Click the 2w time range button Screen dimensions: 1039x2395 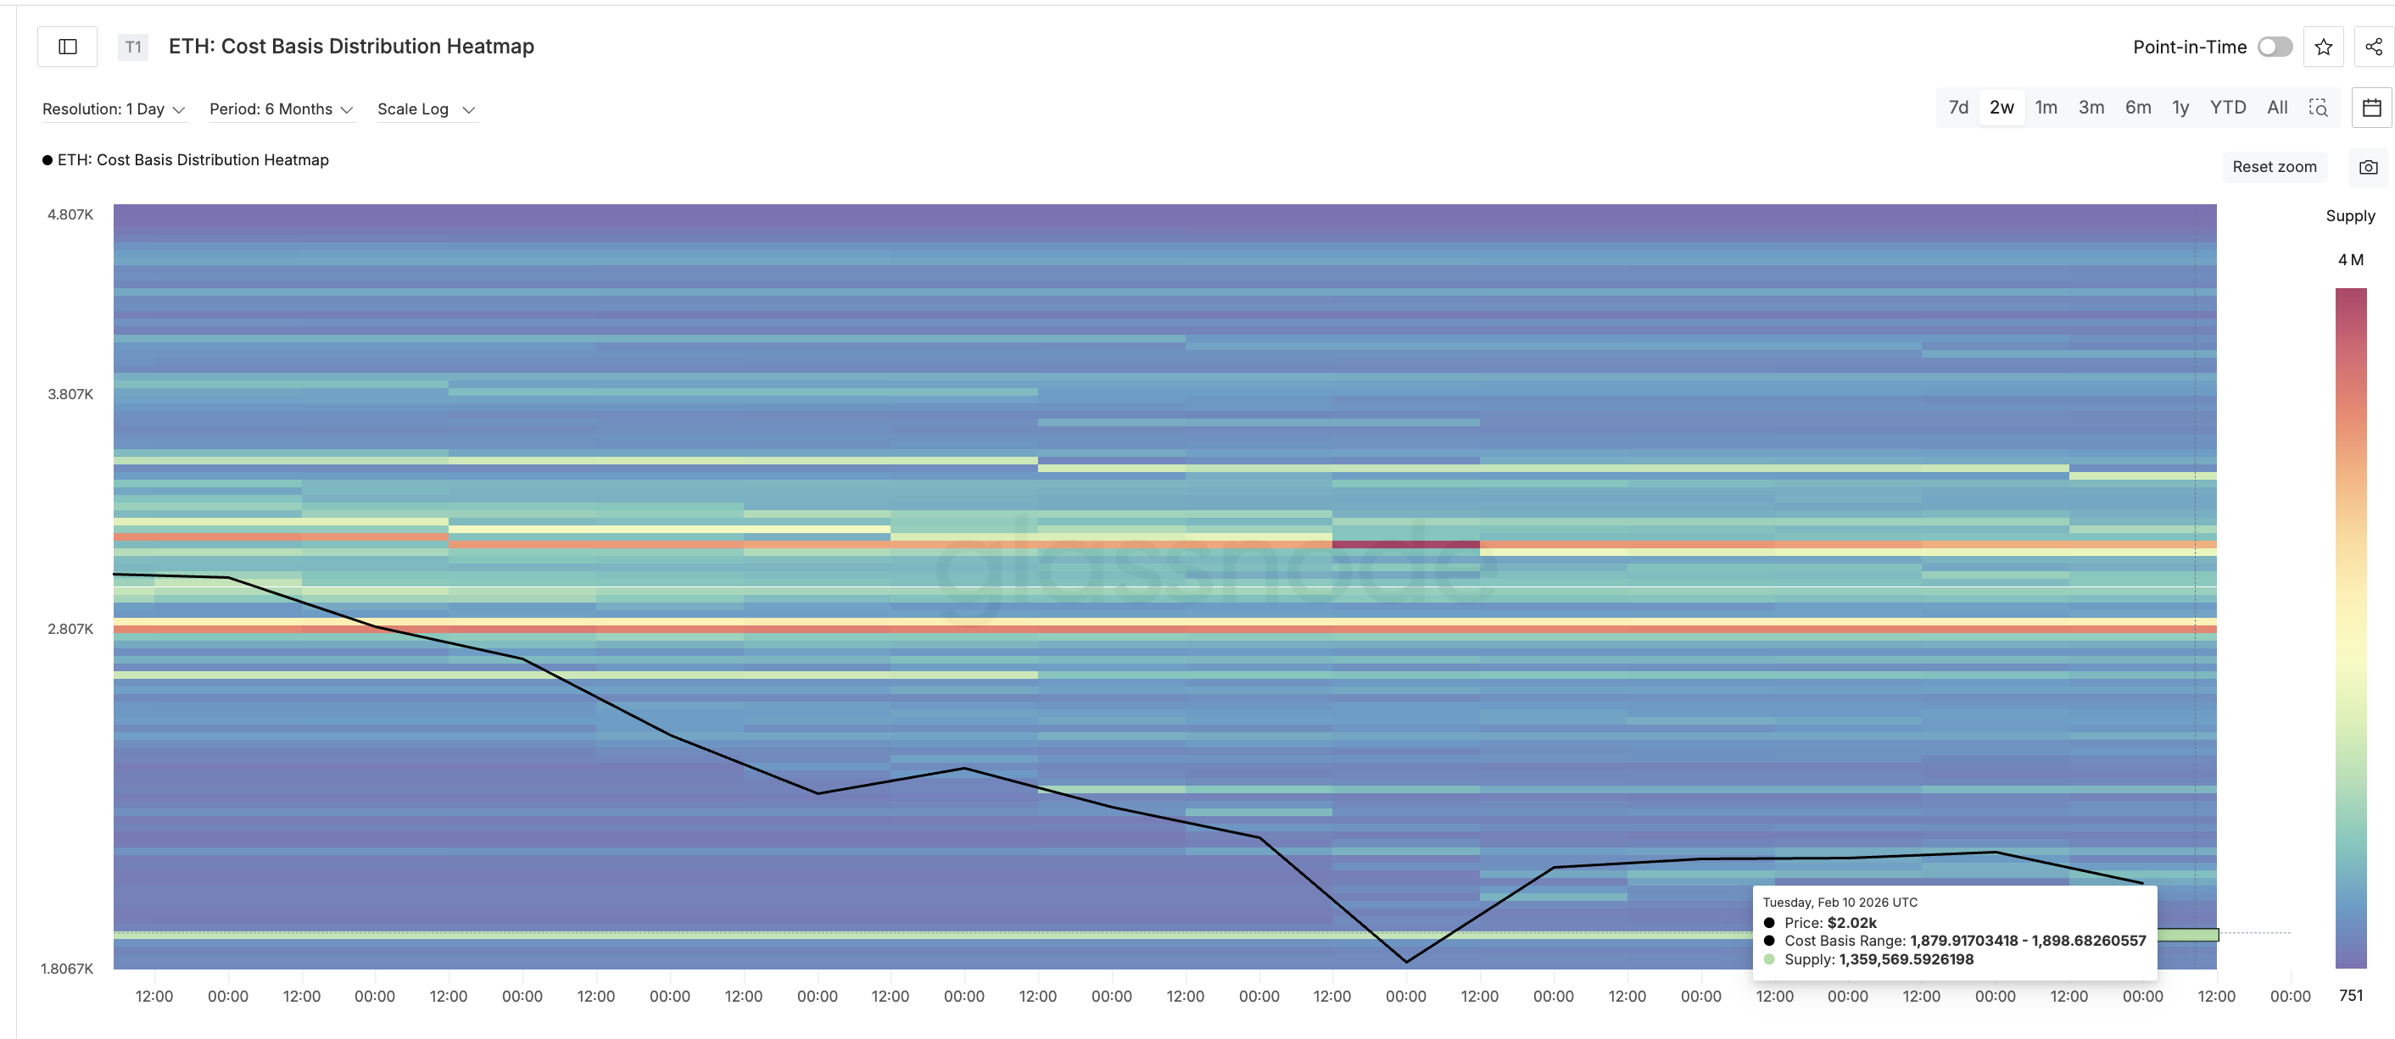[2001, 108]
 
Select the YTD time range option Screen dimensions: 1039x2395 [2227, 108]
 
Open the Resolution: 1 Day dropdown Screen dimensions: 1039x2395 [114, 109]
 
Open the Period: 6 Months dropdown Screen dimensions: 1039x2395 [281, 109]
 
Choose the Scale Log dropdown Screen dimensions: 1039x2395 [426, 109]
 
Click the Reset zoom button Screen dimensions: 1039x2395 [2273, 167]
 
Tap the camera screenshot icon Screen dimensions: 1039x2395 [2368, 167]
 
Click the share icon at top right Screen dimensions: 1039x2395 [2373, 47]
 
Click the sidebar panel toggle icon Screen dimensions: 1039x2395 [68, 47]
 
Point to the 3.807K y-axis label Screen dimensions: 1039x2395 [70, 394]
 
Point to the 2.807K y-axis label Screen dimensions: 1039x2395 [70, 629]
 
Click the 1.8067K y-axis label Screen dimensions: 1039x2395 [67, 969]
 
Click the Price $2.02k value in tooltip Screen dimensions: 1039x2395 [1851, 923]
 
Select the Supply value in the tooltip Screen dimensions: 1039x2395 [1905, 959]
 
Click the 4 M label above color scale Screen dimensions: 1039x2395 [2349, 260]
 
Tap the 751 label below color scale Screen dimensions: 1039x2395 [2350, 995]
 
